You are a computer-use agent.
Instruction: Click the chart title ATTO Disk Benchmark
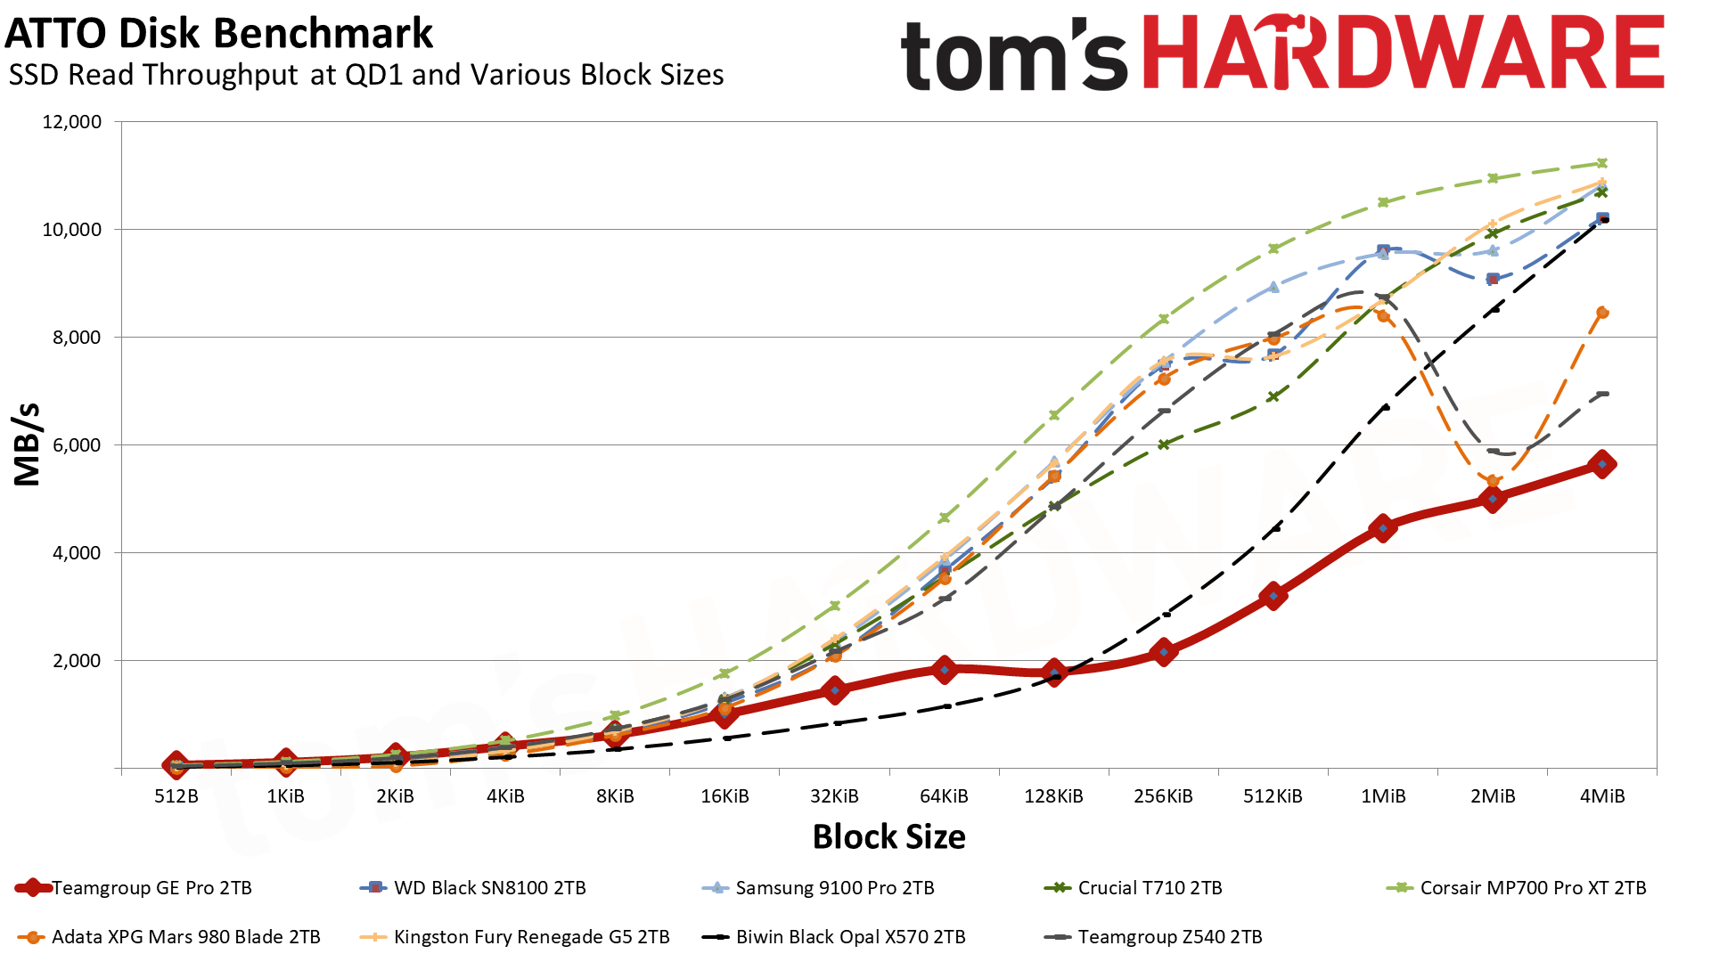219,34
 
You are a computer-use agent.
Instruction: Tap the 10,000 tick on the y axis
72,230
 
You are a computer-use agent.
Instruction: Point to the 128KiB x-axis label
1053,796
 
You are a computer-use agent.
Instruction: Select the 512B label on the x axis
176,796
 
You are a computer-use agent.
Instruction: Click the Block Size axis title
888,837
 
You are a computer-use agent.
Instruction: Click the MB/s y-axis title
28,444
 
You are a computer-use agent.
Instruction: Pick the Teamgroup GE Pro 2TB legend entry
151,888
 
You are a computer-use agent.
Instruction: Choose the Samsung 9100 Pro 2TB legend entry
834,888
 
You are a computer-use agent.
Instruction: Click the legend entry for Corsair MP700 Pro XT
1532,888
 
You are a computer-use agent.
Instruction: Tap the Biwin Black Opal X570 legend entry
849,937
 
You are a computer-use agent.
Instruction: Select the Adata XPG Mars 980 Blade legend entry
185,937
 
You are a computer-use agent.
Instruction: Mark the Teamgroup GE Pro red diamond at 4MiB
1602,464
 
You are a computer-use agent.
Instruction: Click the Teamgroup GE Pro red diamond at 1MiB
1383,528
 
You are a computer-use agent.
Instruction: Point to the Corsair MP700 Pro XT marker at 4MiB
1602,163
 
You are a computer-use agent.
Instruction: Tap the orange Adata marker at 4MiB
1602,313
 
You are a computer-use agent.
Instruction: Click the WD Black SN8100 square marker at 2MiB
1493,279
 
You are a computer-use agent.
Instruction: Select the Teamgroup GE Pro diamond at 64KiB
945,670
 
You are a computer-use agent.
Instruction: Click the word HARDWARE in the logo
1403,53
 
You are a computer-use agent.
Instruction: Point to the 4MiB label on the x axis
1602,796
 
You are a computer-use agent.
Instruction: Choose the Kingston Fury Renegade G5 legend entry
530,937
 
